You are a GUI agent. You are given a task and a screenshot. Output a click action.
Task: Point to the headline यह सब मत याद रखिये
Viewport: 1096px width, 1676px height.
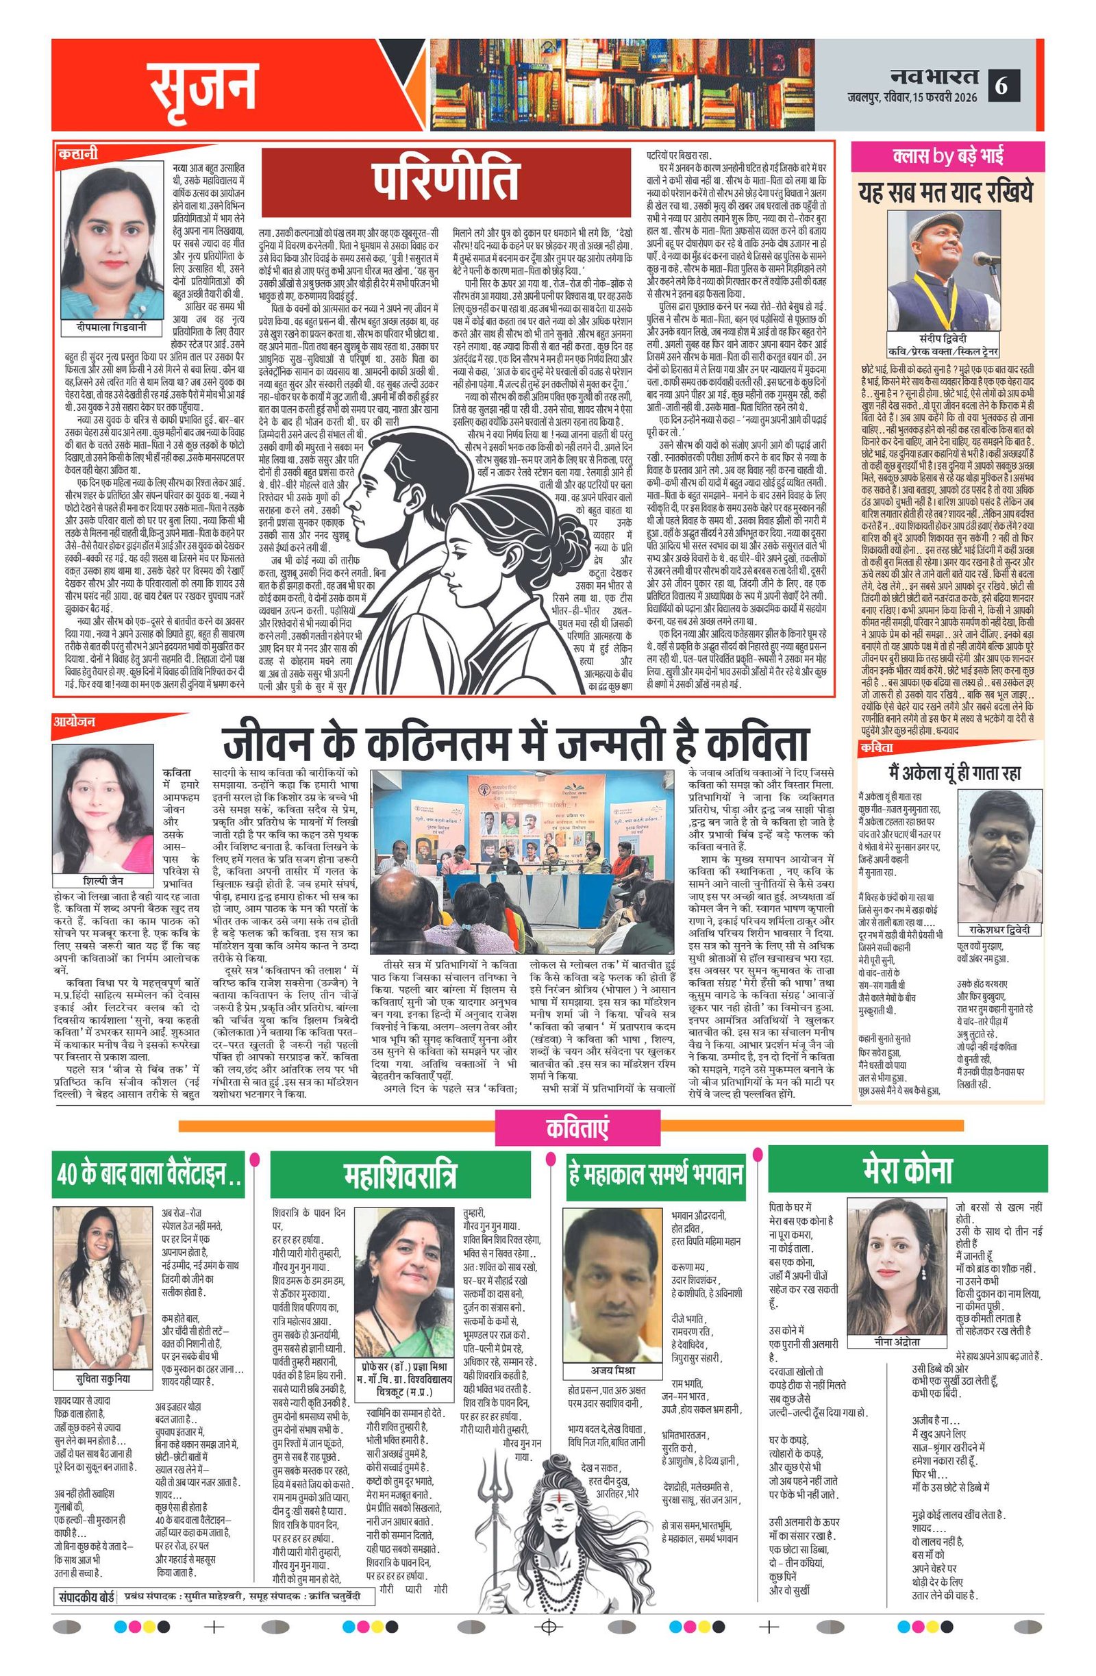point(948,192)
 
